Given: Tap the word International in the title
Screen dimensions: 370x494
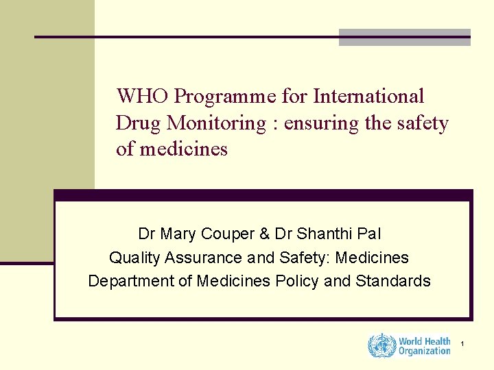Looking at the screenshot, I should tap(368, 97).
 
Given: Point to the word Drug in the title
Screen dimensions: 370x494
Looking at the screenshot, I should tap(140, 123).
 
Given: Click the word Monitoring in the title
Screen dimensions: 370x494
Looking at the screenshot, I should tap(217, 123).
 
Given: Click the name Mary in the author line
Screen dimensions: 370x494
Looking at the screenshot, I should tap(179, 234).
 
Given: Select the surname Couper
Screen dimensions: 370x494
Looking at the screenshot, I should tap(227, 234).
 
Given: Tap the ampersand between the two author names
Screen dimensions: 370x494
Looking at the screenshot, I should tap(264, 234).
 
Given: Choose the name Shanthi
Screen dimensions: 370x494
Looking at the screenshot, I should tap(326, 234).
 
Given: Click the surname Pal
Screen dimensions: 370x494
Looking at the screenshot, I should tap(369, 234).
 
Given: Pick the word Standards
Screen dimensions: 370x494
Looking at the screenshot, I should tap(393, 282).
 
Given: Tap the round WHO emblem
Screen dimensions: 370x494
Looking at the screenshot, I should tap(381, 345).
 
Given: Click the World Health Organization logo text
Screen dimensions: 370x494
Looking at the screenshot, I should tap(424, 346).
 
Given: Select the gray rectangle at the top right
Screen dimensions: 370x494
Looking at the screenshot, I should tap(405, 38).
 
